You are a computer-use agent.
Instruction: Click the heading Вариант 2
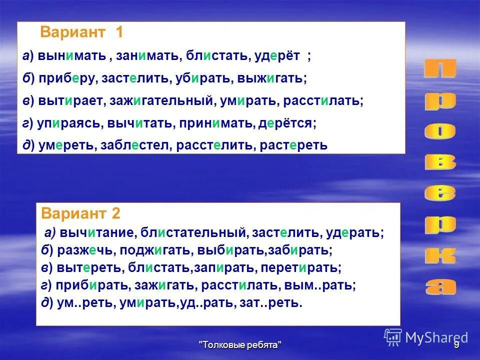pyautogui.click(x=81, y=214)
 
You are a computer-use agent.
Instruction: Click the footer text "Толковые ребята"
pyautogui.click(x=240, y=345)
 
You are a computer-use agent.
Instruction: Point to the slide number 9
pyautogui.click(x=456, y=345)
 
